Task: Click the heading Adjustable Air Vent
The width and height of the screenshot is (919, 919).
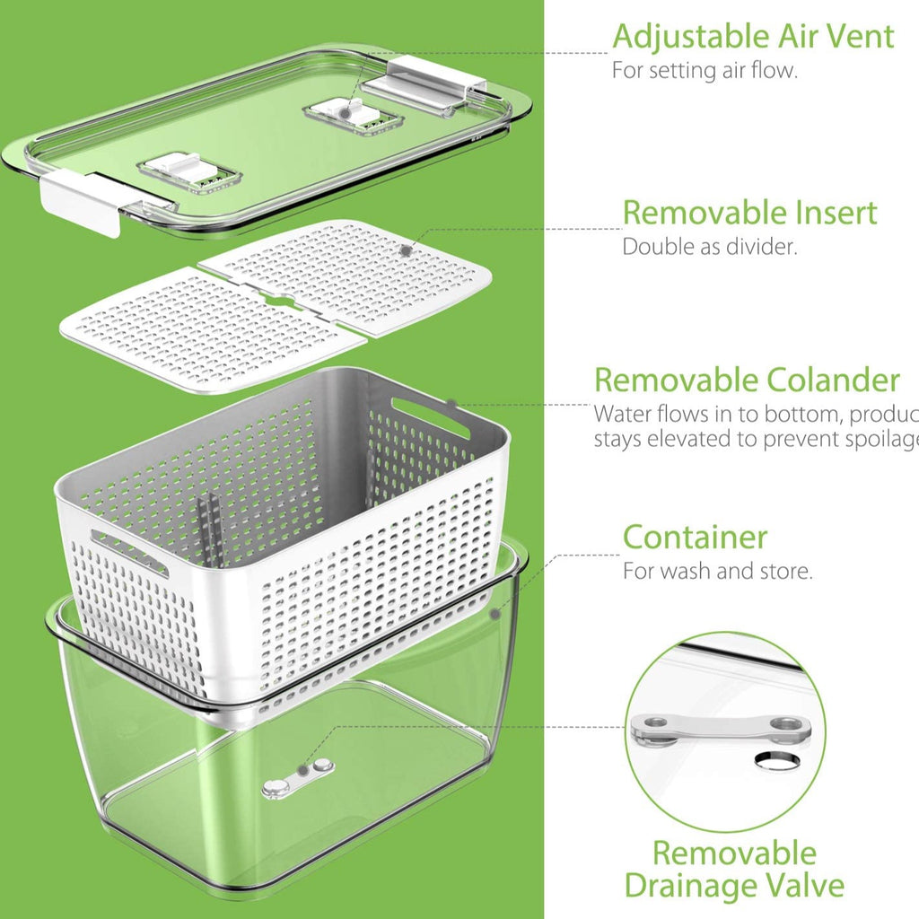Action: [x=753, y=37]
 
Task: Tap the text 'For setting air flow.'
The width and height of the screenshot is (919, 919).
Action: [x=704, y=70]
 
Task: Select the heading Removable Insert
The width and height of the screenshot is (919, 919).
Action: [x=749, y=213]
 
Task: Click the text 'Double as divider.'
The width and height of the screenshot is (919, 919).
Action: [x=709, y=247]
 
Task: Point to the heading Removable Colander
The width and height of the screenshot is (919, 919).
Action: [x=747, y=380]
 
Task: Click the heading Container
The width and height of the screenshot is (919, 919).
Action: [x=696, y=537]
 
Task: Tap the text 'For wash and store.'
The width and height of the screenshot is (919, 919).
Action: [x=718, y=571]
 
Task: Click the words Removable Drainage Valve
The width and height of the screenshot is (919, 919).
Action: [x=734, y=869]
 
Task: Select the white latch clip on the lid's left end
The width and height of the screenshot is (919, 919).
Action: [x=81, y=200]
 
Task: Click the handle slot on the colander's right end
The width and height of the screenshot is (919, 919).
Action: [x=430, y=417]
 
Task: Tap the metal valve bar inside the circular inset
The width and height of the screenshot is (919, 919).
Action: [x=713, y=727]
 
